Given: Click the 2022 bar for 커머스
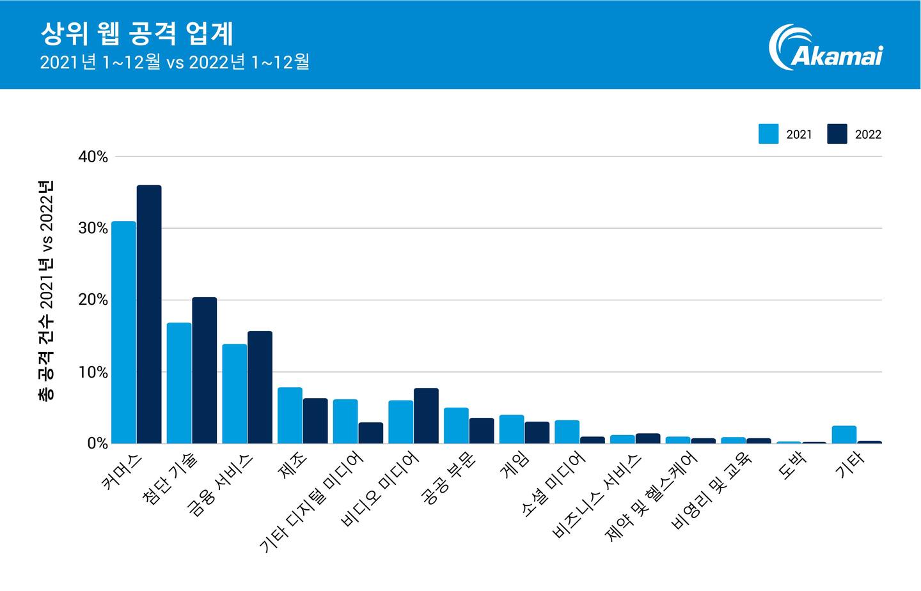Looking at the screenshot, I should (x=149, y=314).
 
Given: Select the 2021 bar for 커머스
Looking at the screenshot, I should (x=123, y=332).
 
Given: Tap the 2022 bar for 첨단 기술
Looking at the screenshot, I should (x=205, y=370).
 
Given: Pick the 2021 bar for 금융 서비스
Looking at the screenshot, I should (x=234, y=394).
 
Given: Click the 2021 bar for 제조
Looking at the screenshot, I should (x=290, y=415).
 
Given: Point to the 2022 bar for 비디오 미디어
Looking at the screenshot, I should (x=426, y=416).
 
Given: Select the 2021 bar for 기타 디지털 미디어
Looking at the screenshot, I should (x=345, y=421).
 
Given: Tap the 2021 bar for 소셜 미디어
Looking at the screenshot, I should (x=567, y=431).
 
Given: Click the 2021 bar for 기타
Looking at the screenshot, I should (x=844, y=434).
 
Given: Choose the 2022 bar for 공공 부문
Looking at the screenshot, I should (x=482, y=431).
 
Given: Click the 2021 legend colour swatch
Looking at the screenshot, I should (x=768, y=134).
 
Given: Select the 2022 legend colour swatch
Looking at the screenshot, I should (x=837, y=134).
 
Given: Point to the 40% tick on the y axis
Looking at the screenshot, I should (x=93, y=157).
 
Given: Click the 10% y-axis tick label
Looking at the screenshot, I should (x=93, y=372).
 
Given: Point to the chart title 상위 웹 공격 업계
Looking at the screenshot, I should (x=136, y=35).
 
